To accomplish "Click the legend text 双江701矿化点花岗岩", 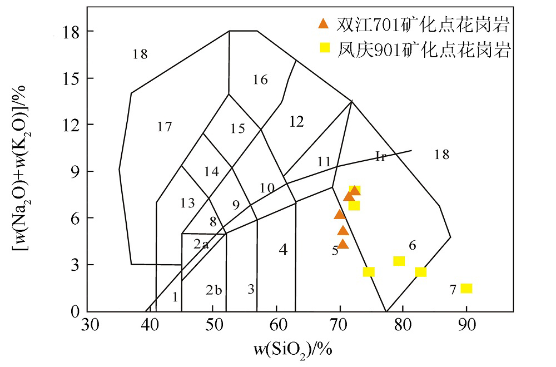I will [x=423, y=24].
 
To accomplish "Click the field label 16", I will [x=260, y=80].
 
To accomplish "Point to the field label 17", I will [x=164, y=127].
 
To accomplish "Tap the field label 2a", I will [x=201, y=244].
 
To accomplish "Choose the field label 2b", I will [x=214, y=290].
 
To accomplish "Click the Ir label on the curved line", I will [x=380, y=156].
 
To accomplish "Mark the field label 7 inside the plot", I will [x=453, y=289].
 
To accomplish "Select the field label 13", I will [x=188, y=204].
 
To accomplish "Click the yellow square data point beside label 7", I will [x=466, y=288].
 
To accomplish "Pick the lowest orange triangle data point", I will [x=343, y=244].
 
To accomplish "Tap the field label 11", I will [x=324, y=162].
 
